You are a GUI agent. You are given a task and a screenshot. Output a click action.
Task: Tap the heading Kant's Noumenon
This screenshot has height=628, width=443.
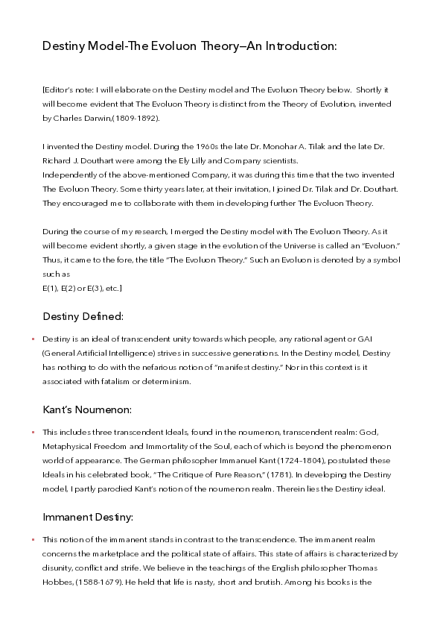pos(87,409)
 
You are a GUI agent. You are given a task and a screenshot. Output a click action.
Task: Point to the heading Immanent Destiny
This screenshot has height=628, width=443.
pos(89,516)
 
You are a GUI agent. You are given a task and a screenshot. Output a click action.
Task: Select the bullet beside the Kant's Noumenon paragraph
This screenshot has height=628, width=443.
pos(33,433)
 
